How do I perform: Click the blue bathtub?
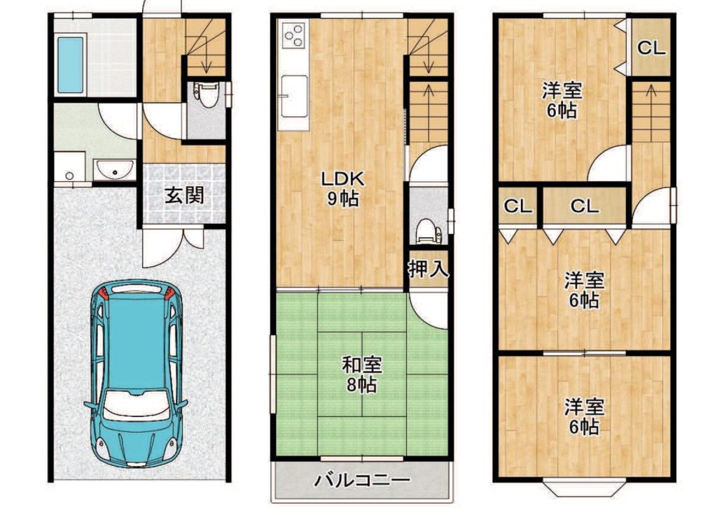coord(71,65)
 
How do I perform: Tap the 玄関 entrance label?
coord(184,196)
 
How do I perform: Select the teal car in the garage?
coord(137,374)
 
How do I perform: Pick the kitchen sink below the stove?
coord(293,96)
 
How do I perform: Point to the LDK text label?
coord(342,178)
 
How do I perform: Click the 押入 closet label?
coord(428,269)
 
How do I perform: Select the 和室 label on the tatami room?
coord(362,365)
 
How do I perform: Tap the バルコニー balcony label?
coord(362,480)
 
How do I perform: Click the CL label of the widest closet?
coord(585,206)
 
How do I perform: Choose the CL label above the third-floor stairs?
coord(651,48)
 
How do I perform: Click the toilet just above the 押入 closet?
coord(429,231)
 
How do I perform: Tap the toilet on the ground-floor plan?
coord(207,94)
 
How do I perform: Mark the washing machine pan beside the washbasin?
coord(69,167)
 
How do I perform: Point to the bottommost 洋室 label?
coord(584,407)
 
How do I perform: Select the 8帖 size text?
coord(361,385)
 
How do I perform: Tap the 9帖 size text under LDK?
coord(342,198)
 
